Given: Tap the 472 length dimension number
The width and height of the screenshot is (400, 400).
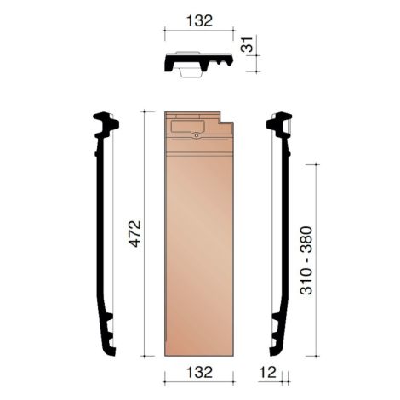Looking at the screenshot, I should (134, 233).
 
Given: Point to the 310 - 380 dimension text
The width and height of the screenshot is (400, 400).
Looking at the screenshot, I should (306, 260).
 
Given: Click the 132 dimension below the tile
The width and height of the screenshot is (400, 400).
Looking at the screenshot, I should (198, 372).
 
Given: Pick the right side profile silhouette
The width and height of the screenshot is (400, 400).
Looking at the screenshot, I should (283, 234).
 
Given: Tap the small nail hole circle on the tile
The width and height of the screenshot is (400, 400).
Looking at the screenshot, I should (197, 136).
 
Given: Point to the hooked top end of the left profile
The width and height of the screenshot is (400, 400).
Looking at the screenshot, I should (106, 123).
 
